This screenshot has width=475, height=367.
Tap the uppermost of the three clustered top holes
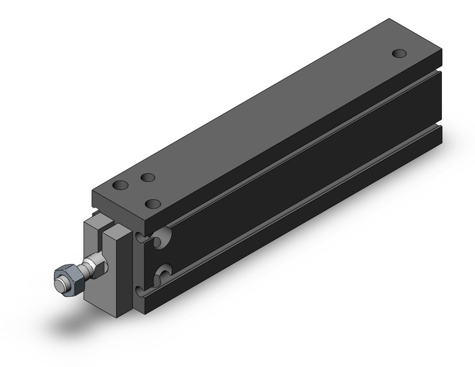(148, 178)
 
